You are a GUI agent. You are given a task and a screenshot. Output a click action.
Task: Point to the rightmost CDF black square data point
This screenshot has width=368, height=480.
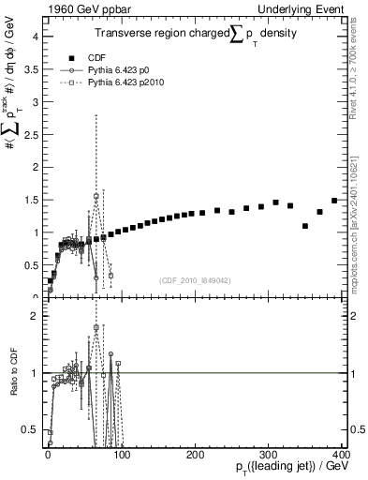click(334, 201)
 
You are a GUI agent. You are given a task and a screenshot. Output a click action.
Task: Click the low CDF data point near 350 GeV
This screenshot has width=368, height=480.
click(305, 226)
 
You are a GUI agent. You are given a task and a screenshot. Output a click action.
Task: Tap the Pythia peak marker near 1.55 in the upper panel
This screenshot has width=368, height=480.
click(96, 196)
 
